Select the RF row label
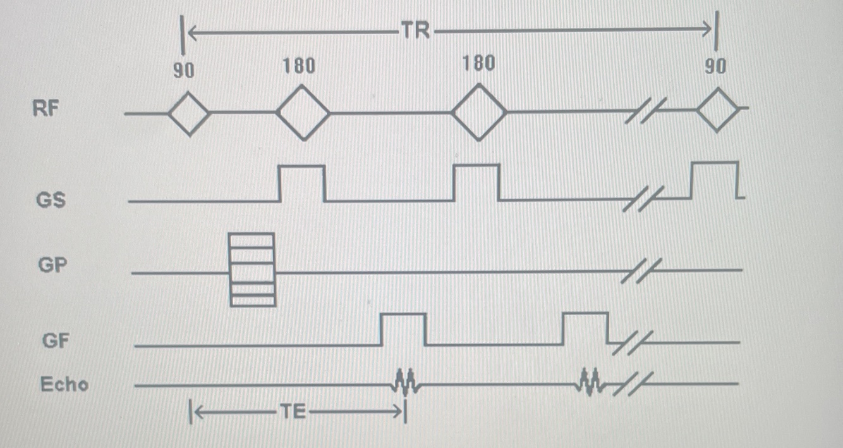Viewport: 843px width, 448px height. (x=45, y=108)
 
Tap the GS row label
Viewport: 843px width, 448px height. (x=51, y=200)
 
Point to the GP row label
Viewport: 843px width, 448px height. (x=52, y=265)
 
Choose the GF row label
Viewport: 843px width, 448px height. (x=55, y=341)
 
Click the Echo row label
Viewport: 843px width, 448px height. (x=64, y=384)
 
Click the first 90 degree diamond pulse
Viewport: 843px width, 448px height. (x=188, y=114)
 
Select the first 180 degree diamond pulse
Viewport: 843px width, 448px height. (x=303, y=114)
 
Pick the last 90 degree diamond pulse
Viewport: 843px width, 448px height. (x=717, y=109)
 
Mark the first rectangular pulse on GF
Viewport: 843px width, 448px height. (x=403, y=329)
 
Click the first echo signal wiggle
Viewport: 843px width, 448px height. (x=405, y=381)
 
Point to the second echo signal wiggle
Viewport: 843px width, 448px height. (x=591, y=382)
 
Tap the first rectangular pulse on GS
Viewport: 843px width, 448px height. (x=302, y=183)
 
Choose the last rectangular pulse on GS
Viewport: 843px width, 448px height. (x=715, y=180)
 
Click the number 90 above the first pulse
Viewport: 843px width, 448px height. (x=184, y=70)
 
